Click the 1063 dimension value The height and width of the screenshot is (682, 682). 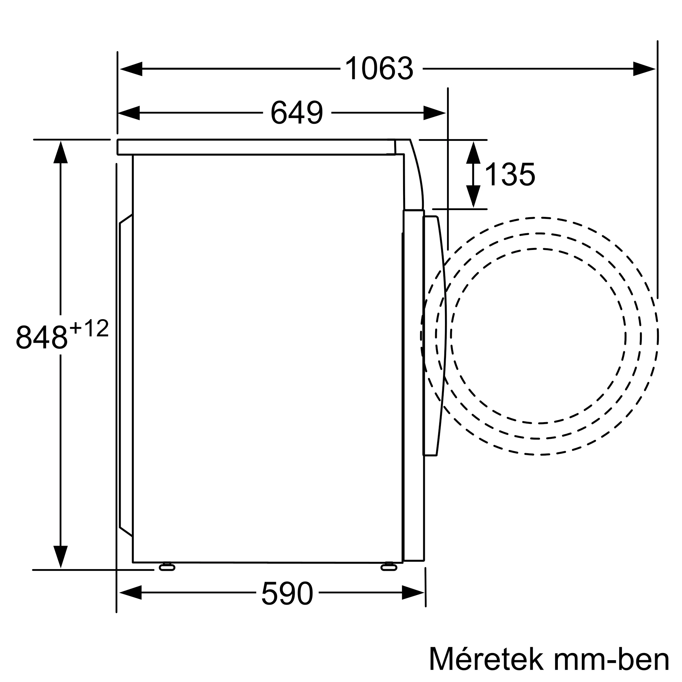(379, 69)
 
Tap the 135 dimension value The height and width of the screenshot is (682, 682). (510, 174)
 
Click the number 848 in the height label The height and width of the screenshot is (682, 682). (42, 337)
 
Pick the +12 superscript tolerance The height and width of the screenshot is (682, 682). (89, 328)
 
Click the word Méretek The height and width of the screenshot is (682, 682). (485, 659)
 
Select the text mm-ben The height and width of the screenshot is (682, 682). (611, 659)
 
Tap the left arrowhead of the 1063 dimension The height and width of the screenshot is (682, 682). (131, 69)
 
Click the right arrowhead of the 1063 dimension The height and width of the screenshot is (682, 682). (643, 69)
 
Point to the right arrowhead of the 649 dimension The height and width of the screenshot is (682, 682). (434, 113)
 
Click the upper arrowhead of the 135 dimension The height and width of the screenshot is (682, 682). (473, 152)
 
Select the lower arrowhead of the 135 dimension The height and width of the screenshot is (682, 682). (473, 196)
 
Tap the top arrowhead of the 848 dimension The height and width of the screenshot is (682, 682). (61, 152)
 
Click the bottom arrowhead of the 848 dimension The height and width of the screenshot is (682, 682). (61, 556)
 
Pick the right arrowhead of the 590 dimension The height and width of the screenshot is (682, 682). (413, 593)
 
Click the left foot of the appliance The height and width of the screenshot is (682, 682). (167, 567)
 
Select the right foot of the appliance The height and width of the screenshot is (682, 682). (389, 567)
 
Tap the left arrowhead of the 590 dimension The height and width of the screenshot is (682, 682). (131, 593)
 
